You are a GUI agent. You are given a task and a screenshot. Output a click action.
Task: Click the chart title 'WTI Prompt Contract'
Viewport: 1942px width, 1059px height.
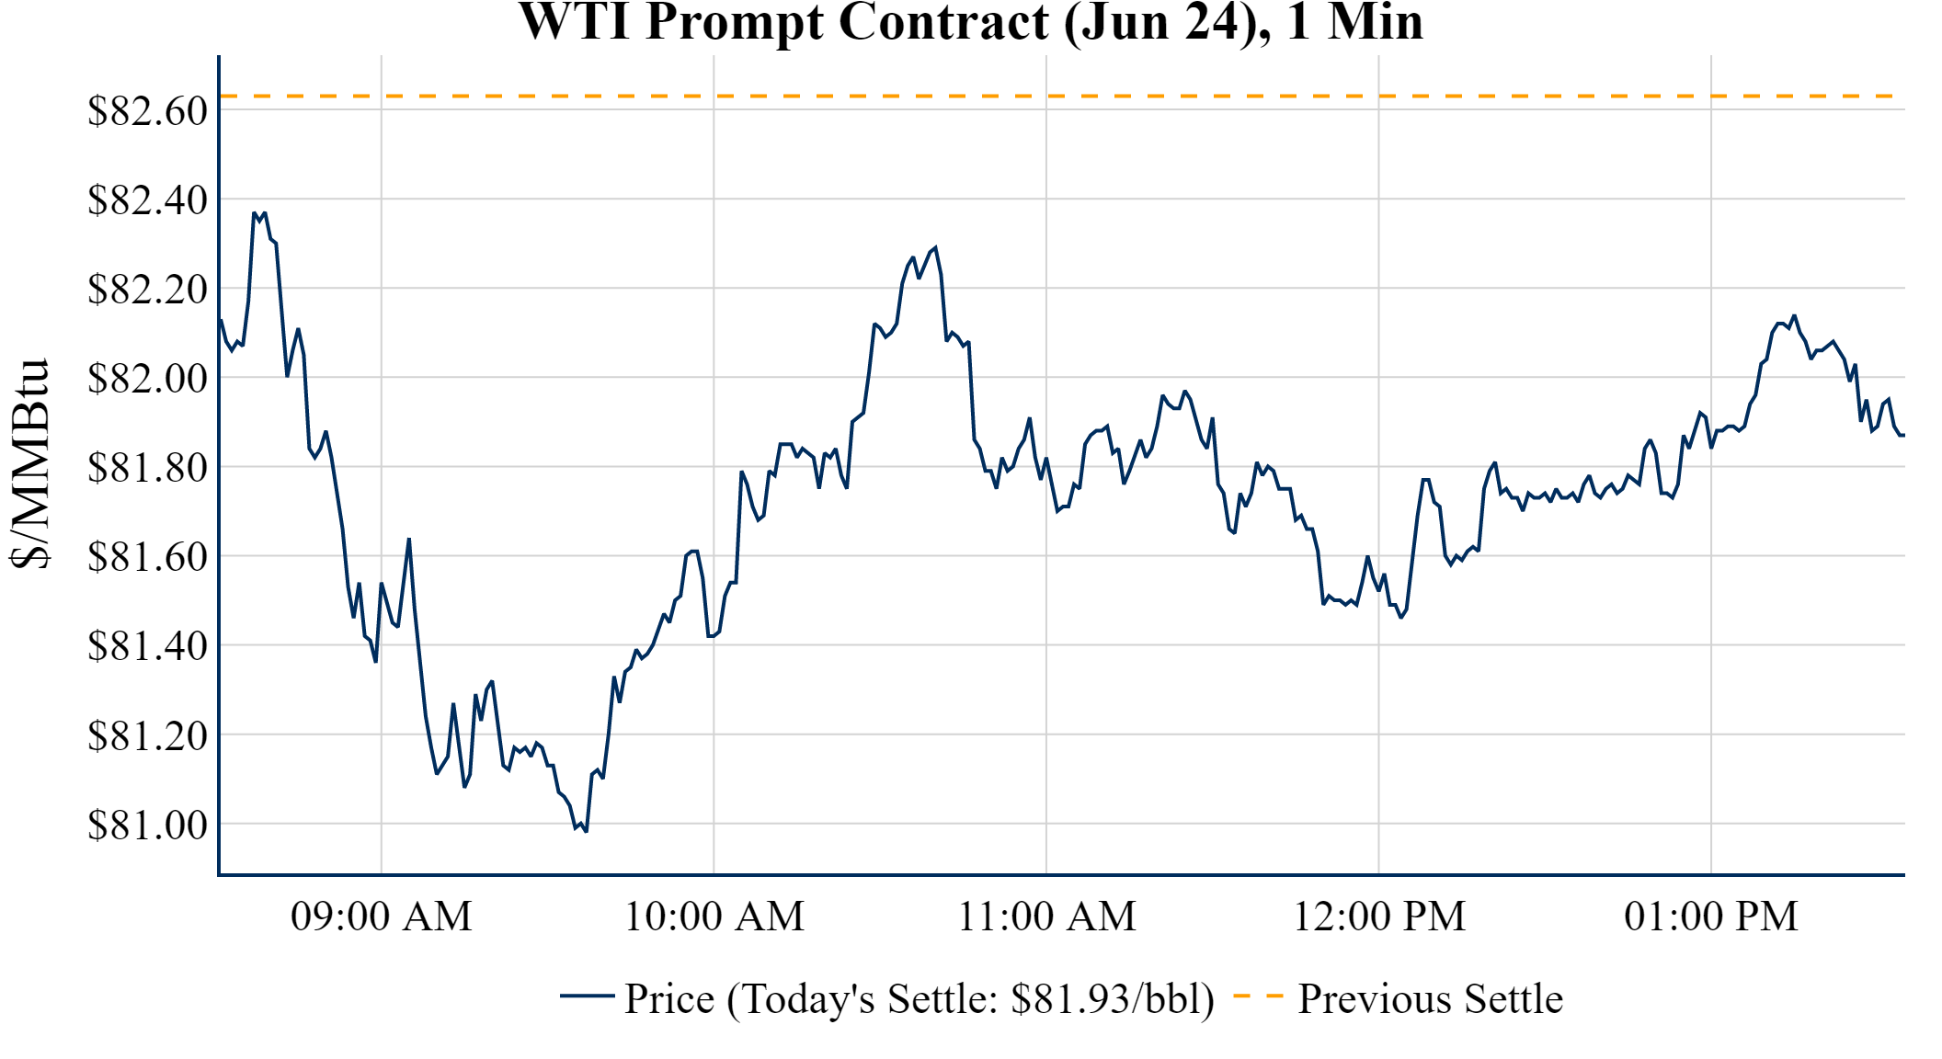click(971, 22)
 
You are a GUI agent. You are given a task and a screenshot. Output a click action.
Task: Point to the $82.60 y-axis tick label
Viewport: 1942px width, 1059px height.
click(147, 111)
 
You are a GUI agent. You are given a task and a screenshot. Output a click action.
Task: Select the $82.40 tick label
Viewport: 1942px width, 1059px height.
click(147, 199)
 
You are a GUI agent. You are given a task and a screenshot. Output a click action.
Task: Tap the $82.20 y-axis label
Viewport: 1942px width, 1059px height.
click(147, 289)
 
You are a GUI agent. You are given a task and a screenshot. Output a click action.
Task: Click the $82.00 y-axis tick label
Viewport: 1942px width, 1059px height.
click(147, 378)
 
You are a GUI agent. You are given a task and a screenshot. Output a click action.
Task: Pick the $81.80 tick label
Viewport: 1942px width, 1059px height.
click(147, 467)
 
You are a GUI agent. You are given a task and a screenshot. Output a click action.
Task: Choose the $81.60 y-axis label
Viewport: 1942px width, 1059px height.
click(147, 556)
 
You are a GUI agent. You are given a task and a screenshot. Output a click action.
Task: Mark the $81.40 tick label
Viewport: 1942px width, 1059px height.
click(147, 645)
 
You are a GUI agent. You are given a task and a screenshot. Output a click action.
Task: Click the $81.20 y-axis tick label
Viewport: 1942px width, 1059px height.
click(147, 734)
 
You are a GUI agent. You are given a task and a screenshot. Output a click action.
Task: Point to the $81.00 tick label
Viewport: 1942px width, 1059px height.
click(147, 825)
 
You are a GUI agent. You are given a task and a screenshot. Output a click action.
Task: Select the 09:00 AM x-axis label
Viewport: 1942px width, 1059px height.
click(382, 917)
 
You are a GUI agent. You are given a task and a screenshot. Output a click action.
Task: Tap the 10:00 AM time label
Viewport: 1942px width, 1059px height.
click(714, 917)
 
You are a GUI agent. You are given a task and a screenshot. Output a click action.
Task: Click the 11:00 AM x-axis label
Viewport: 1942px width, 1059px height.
click(1046, 917)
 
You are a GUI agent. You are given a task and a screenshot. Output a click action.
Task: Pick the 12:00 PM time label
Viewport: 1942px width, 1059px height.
click(1379, 917)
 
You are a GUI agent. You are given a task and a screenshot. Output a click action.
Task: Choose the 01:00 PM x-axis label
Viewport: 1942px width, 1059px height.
click(1711, 917)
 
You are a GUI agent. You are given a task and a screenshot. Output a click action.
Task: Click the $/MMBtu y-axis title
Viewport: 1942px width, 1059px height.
click(29, 464)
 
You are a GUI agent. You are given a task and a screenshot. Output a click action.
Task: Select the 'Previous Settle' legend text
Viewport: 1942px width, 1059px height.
click(1430, 999)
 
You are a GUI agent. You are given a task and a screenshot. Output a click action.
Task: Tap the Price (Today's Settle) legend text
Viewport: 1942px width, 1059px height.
click(920, 999)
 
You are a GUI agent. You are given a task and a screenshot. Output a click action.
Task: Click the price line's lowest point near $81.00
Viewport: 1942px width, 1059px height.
click(586, 831)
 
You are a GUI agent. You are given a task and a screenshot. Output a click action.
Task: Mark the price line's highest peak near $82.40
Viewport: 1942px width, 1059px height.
click(255, 213)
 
